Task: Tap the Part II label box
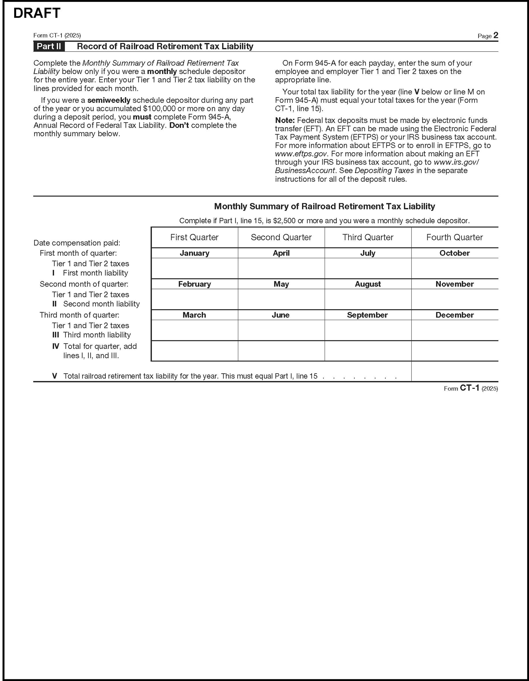click(49, 46)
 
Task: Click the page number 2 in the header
click(496, 35)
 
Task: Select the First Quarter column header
click(194, 237)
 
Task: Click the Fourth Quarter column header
click(454, 237)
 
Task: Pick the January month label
click(194, 253)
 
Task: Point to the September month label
click(367, 315)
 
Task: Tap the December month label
click(454, 315)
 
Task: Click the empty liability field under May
click(281, 299)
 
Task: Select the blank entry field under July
click(368, 268)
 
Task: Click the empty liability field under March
click(194, 330)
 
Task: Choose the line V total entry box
click(454, 371)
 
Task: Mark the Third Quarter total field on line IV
click(368, 351)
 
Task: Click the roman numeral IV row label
click(56, 346)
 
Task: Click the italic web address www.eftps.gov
click(301, 154)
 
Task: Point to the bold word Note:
click(285, 120)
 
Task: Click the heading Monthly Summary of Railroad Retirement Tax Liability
click(324, 207)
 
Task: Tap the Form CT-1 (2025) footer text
click(471, 389)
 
